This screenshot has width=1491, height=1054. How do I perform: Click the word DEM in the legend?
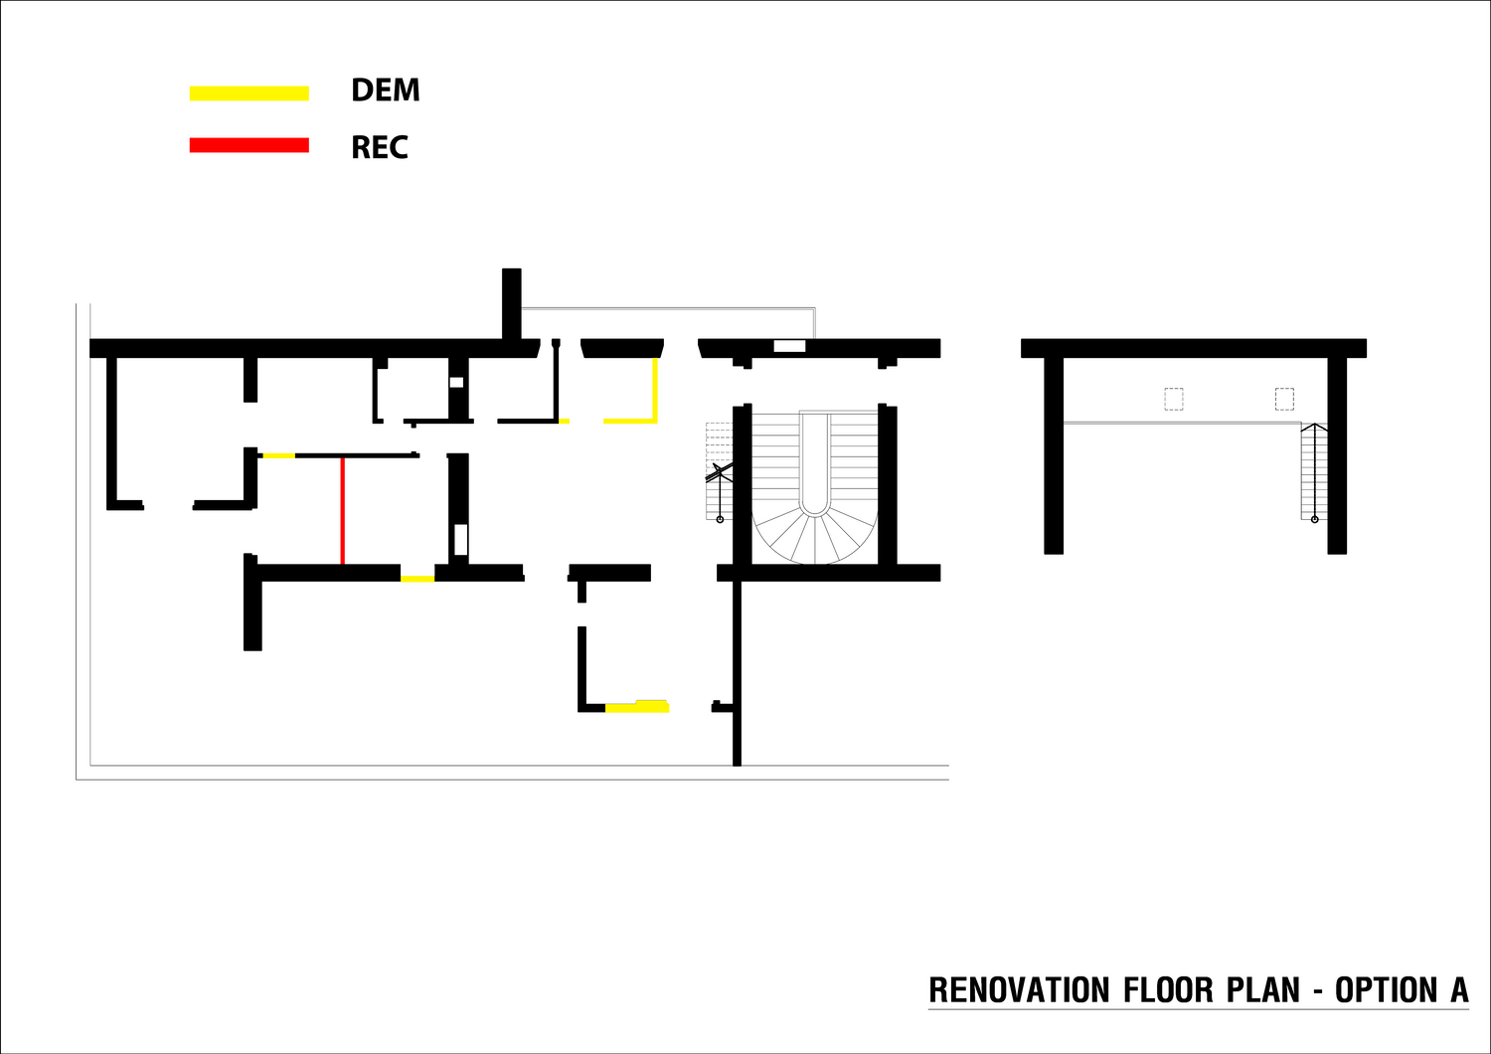[x=386, y=89]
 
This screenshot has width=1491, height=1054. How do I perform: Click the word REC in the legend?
[x=380, y=147]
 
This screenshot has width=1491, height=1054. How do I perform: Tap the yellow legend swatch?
[x=248, y=93]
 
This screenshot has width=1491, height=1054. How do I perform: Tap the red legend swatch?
[x=248, y=145]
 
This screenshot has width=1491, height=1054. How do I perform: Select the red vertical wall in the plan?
[x=343, y=511]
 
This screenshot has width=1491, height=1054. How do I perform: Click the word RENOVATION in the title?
[x=1019, y=990]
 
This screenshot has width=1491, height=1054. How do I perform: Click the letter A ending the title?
[x=1460, y=990]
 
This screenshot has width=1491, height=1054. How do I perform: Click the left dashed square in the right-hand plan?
[x=1174, y=399]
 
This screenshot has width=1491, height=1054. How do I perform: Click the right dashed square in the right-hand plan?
[x=1284, y=399]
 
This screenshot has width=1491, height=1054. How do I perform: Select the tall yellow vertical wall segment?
[x=655, y=389]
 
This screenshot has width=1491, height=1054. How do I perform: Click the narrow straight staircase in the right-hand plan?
[x=1314, y=471]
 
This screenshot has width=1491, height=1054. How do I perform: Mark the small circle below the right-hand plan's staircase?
[x=1315, y=519]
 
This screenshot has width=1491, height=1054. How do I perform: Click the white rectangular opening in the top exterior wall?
[x=789, y=346]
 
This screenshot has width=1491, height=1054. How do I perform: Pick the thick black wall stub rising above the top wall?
[x=511, y=303]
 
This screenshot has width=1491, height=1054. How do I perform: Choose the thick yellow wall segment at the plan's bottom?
[x=637, y=706]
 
